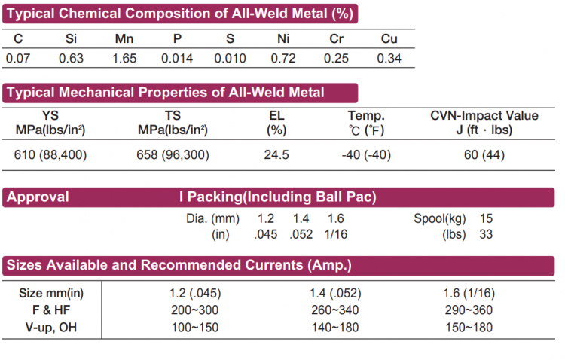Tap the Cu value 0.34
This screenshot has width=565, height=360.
coord(389,58)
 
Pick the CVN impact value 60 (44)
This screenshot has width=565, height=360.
coord(484,156)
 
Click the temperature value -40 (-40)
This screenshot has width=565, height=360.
coord(366,156)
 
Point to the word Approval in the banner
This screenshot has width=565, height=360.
coord(38,198)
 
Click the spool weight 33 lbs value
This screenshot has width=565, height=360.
coord(486,234)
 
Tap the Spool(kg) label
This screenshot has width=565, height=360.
coord(440,219)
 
